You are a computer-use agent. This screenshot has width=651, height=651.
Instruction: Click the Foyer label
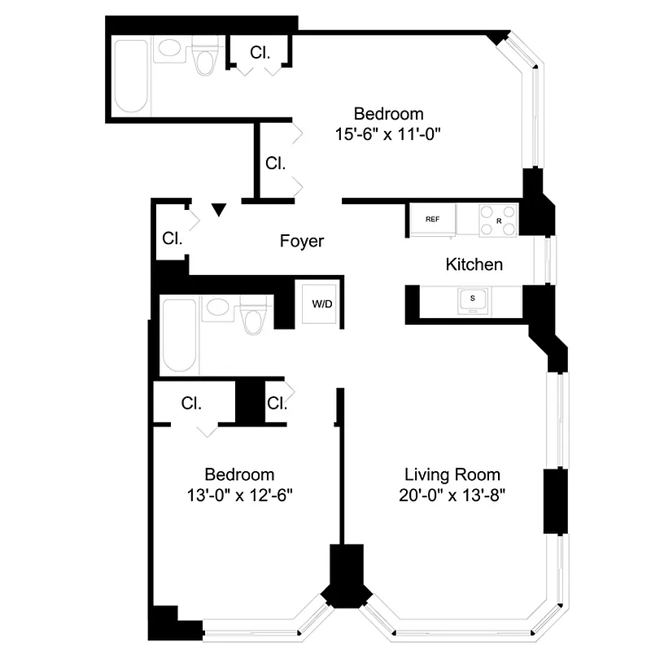click(x=302, y=241)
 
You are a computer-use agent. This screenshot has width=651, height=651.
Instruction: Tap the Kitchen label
click(x=474, y=264)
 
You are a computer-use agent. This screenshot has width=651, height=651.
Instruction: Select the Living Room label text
click(x=452, y=474)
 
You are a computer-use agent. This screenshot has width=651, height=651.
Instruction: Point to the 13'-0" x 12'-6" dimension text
click(x=239, y=495)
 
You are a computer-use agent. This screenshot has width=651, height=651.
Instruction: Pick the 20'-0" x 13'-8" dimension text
click(x=452, y=495)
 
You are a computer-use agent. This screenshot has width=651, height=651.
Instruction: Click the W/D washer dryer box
click(x=322, y=304)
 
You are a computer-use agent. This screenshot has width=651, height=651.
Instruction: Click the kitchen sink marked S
click(x=472, y=301)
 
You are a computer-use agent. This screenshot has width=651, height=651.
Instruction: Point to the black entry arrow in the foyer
click(x=218, y=211)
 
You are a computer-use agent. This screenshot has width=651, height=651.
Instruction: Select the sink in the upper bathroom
click(x=171, y=50)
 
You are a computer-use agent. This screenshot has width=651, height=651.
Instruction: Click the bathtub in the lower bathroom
click(x=179, y=336)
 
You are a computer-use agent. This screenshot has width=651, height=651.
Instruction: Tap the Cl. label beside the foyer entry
click(x=171, y=239)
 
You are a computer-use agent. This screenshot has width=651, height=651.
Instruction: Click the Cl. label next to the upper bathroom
click(x=260, y=53)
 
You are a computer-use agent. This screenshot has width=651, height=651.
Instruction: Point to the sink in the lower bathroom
click(x=216, y=308)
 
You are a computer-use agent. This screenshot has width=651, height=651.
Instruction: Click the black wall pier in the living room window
click(x=555, y=501)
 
